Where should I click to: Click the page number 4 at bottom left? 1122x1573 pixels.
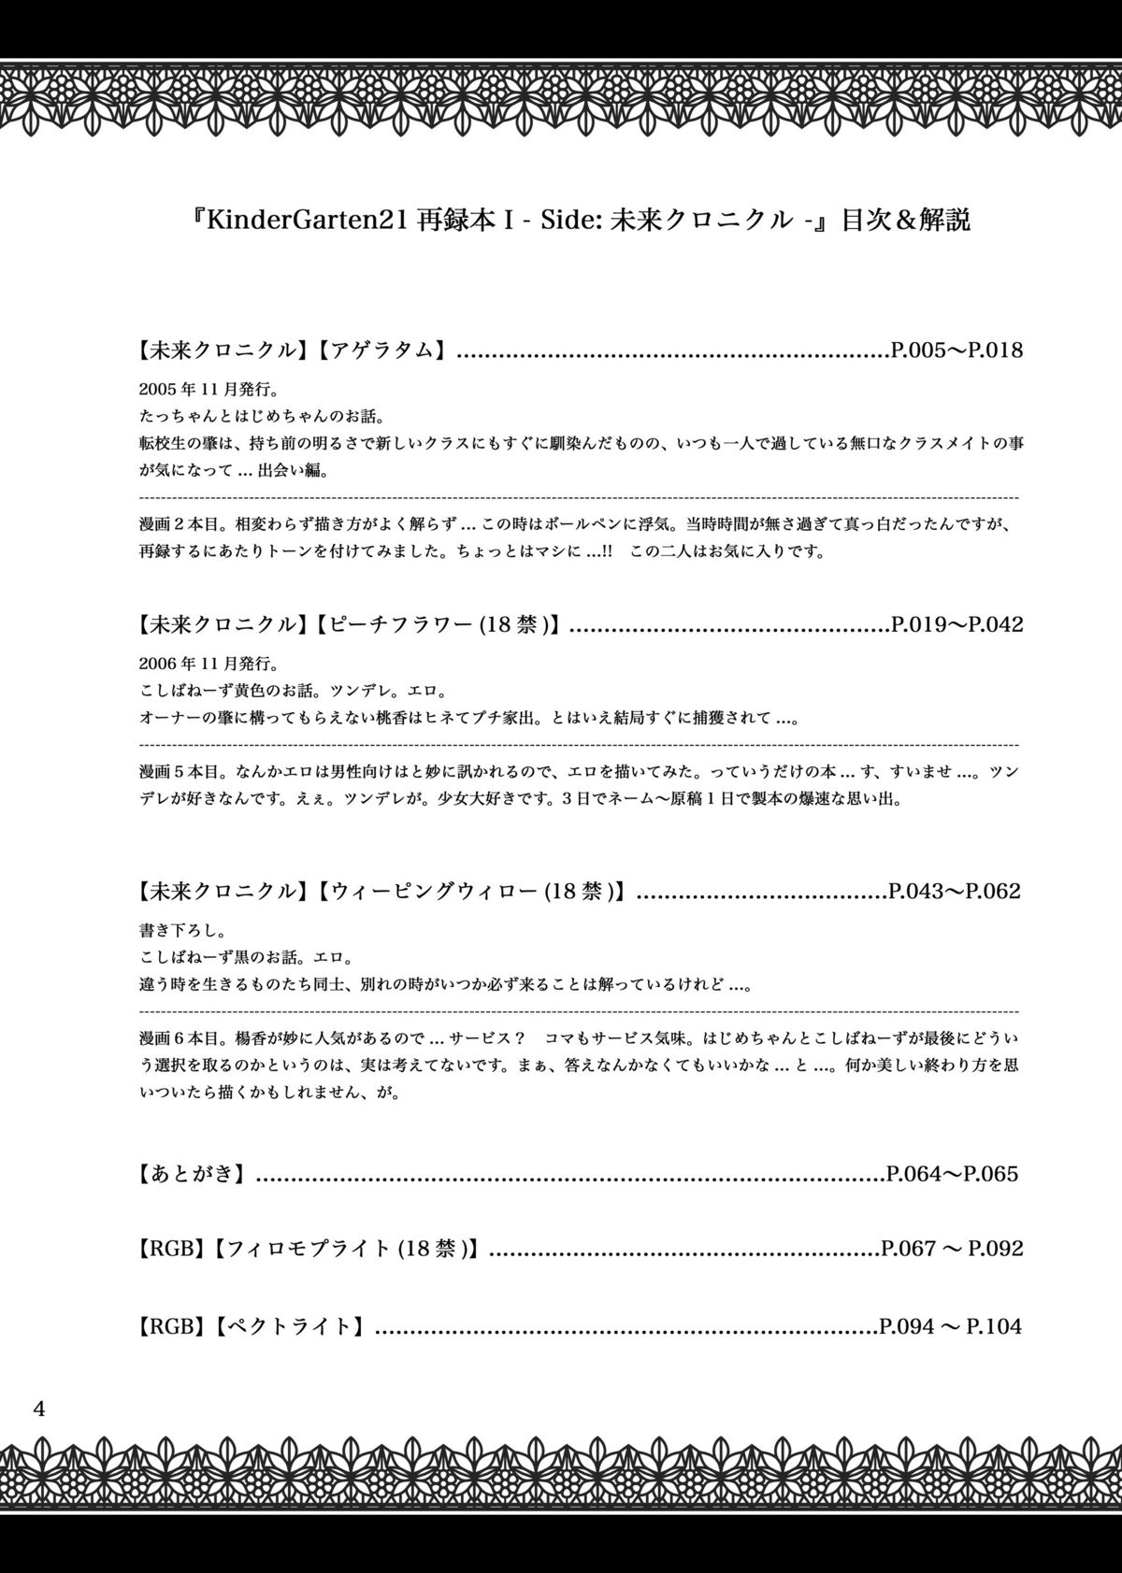(x=38, y=1409)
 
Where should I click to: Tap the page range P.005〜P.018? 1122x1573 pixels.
(x=956, y=350)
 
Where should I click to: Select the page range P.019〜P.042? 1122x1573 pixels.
(x=956, y=624)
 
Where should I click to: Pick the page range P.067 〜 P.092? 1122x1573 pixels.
(x=952, y=1248)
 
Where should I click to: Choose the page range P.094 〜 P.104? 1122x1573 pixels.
(x=951, y=1325)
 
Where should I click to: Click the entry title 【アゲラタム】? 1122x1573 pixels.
(x=379, y=350)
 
